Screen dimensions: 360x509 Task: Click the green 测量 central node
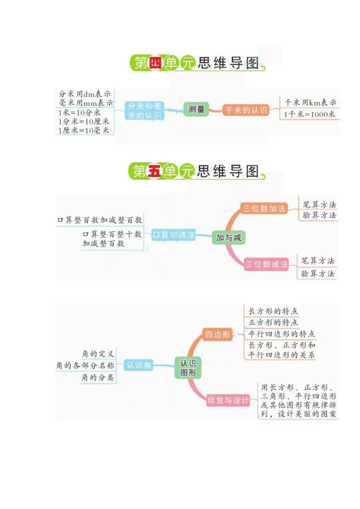click(196, 109)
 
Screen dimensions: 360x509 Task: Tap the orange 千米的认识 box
click(246, 110)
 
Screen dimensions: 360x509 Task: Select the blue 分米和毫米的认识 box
click(144, 111)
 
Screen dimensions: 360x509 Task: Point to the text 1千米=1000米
click(309, 114)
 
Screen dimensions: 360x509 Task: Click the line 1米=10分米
click(79, 113)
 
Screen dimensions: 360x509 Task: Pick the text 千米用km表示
click(310, 102)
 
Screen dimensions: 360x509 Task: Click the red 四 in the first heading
click(155, 63)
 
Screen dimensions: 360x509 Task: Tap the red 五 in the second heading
click(154, 171)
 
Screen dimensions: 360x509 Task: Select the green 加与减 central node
click(229, 238)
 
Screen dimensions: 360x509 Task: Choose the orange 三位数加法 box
click(264, 209)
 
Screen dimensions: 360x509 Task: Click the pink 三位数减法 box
click(266, 264)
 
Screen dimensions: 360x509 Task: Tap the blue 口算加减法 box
click(173, 235)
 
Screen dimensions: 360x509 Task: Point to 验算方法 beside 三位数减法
click(317, 274)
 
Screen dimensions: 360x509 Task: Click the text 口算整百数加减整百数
click(100, 220)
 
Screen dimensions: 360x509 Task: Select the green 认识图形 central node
click(188, 368)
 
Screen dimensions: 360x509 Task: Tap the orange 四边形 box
click(217, 334)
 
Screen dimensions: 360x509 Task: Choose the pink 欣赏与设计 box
click(228, 400)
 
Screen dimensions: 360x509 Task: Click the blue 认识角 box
click(139, 365)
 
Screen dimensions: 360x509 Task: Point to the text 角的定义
click(98, 353)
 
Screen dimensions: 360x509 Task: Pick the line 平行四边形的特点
click(281, 334)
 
